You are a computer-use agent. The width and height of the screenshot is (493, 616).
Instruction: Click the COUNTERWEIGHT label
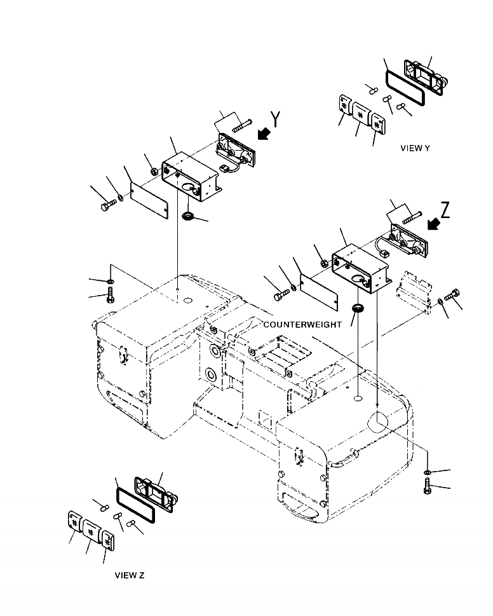point(302,324)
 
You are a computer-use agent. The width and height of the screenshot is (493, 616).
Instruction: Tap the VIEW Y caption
point(415,148)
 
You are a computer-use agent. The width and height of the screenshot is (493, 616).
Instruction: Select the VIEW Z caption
point(130,576)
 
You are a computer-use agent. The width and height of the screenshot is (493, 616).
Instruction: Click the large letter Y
point(276,119)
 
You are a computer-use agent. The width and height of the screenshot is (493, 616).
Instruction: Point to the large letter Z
point(445,210)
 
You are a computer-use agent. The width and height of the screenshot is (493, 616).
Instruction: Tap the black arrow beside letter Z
point(435,223)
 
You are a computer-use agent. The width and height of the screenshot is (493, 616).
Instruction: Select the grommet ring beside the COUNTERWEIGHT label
point(359,308)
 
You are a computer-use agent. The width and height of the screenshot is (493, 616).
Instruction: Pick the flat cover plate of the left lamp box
point(149,200)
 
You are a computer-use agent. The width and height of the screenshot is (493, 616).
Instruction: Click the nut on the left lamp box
point(154,171)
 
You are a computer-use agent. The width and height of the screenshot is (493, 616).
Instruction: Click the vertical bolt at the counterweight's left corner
point(111,295)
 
